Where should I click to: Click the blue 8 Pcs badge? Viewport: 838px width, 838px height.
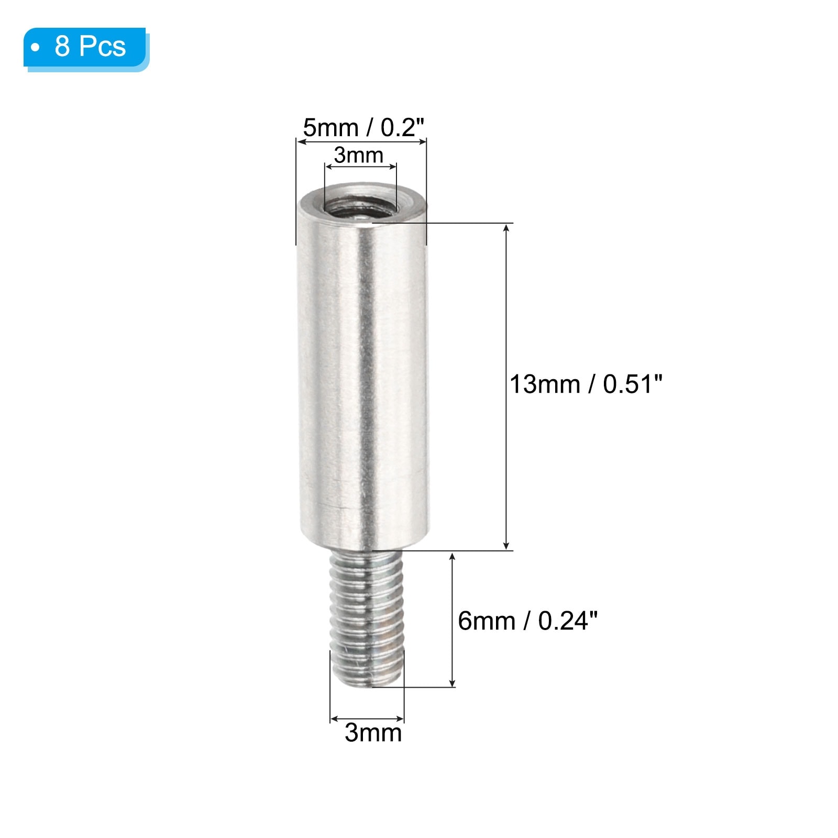point(86,48)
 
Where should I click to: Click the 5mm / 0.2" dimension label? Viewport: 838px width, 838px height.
point(363,127)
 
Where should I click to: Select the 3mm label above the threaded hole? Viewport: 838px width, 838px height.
point(359,155)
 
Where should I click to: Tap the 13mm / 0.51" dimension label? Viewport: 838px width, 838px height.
point(586,384)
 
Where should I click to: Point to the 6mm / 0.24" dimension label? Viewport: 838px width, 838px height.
point(527,621)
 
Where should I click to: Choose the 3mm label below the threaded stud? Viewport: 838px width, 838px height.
point(373,732)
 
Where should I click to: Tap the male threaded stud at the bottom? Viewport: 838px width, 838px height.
point(367,618)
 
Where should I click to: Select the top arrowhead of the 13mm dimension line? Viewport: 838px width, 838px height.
point(506,228)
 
